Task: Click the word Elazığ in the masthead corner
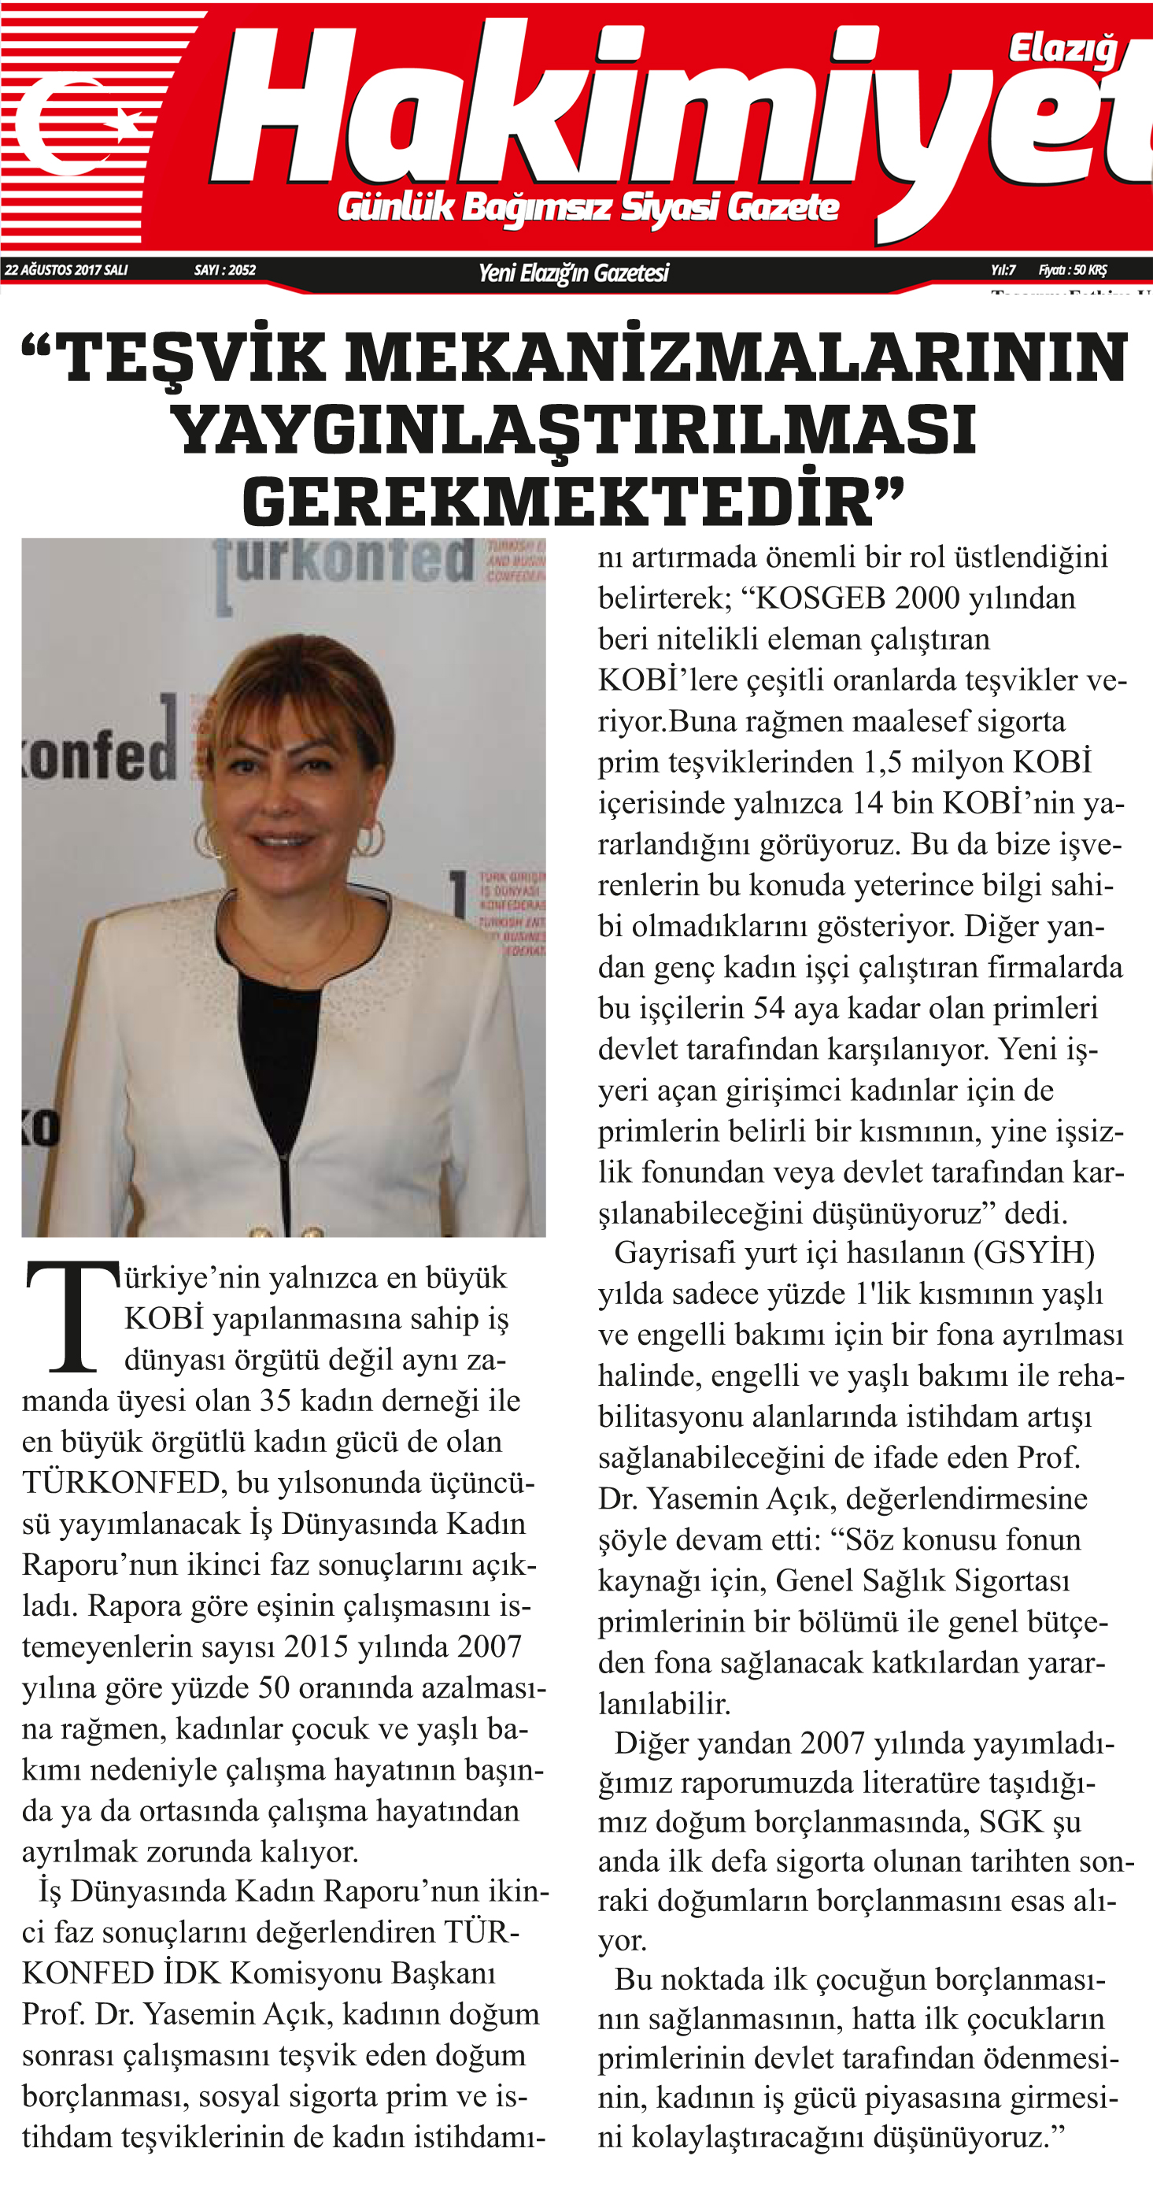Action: click(1062, 50)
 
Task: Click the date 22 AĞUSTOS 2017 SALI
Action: click(66, 270)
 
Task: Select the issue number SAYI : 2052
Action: click(224, 270)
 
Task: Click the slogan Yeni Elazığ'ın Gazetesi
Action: click(574, 272)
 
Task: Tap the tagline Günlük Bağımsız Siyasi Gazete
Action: click(588, 207)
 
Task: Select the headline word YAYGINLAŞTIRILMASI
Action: click(575, 430)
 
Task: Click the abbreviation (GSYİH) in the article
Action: click(1033, 1254)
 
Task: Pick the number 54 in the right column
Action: click(768, 1008)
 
